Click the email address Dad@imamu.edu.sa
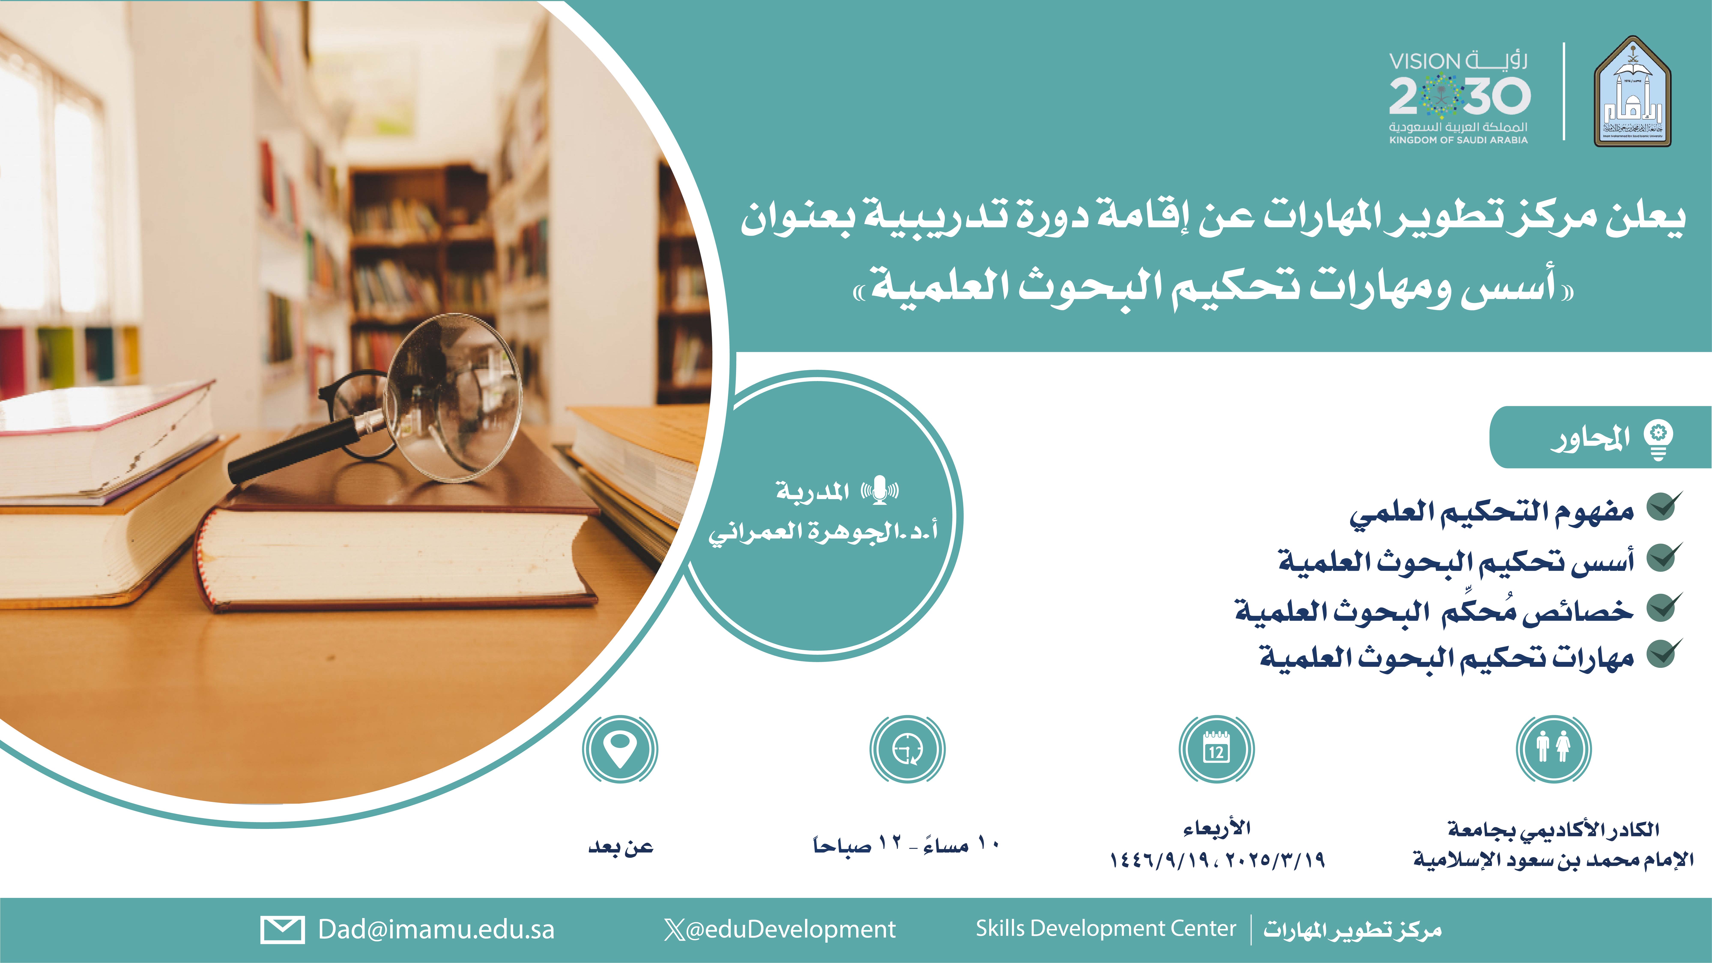pos(436,929)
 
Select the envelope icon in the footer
pos(282,929)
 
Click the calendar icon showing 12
pos(1216,749)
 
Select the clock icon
pos(907,749)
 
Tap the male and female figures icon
pos(1553,749)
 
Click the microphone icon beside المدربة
pos(880,490)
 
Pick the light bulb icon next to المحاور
pos(1658,440)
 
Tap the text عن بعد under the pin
pos(621,847)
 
